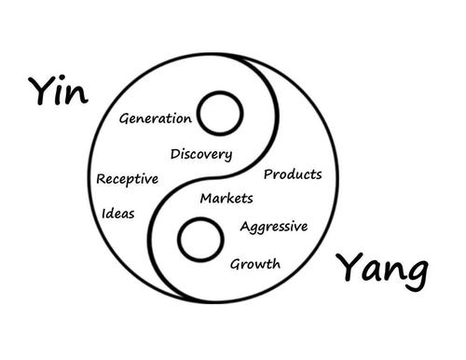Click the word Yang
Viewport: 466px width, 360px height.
383,270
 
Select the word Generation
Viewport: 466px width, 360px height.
156,118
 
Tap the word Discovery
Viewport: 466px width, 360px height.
201,154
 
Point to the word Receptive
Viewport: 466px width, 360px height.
128,179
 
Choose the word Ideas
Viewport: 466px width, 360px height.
118,214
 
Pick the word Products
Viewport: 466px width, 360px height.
293,174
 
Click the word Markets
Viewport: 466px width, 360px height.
226,198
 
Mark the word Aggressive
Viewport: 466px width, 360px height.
273,228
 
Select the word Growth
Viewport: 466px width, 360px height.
255,264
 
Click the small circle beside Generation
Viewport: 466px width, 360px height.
221,117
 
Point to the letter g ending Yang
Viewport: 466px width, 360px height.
417,274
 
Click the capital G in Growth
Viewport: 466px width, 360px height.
237,264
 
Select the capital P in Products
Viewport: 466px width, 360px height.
269,174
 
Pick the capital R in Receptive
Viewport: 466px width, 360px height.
101,178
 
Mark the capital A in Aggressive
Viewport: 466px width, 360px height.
245,227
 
